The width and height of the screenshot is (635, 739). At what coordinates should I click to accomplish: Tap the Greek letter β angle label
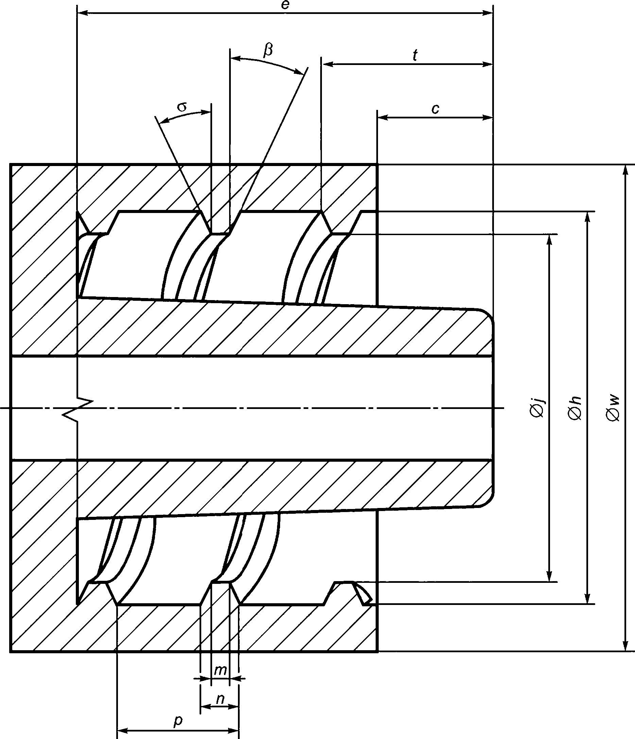pos(268,50)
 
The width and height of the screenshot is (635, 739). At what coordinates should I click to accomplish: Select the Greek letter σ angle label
pos(182,106)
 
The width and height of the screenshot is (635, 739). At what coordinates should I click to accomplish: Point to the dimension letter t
pos(415,56)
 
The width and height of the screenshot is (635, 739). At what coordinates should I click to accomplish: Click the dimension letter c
pos(435,109)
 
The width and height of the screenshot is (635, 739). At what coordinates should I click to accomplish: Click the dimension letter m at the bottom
pos(220,671)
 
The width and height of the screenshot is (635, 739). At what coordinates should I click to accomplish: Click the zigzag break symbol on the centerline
pos(78,408)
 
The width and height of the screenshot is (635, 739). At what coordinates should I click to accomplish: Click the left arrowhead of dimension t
pos(327,65)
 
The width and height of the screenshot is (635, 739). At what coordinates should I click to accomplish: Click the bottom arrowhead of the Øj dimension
pos(550,576)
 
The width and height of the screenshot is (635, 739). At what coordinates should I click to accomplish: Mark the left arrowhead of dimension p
pos(123,730)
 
